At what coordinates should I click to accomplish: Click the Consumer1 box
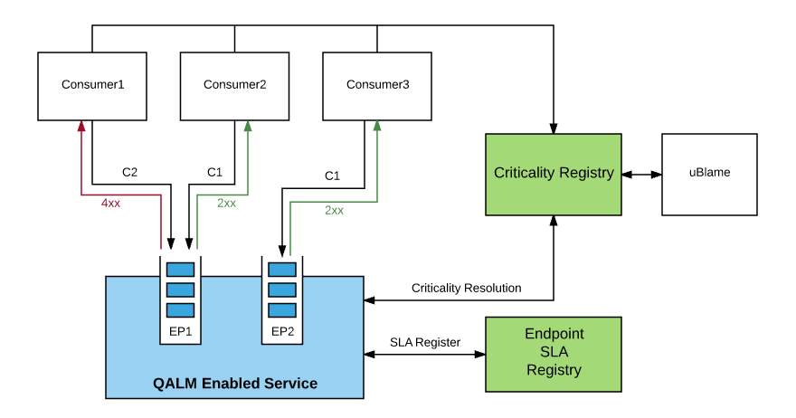coord(92,86)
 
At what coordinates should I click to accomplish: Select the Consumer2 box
coord(234,86)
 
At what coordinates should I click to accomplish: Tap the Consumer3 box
coord(377,86)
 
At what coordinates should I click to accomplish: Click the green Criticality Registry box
coord(554,174)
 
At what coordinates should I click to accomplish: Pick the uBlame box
coord(709,174)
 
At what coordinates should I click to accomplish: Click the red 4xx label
coord(110,204)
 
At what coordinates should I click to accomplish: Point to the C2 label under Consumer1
coord(129,172)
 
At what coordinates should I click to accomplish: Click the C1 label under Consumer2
coord(214,172)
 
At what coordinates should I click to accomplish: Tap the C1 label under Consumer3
coord(332,176)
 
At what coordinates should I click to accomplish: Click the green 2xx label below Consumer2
coord(226,204)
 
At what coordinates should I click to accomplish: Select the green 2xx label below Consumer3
coord(334,210)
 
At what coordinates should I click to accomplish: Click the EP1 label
coord(181,331)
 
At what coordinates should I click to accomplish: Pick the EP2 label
coord(283,331)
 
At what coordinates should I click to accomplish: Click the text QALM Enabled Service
coord(235,384)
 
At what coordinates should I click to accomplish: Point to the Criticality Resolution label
coord(466,288)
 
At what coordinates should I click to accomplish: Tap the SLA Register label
coord(425,342)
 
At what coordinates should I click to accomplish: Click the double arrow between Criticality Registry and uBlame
coord(641,174)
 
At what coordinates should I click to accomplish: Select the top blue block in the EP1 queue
coord(181,270)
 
